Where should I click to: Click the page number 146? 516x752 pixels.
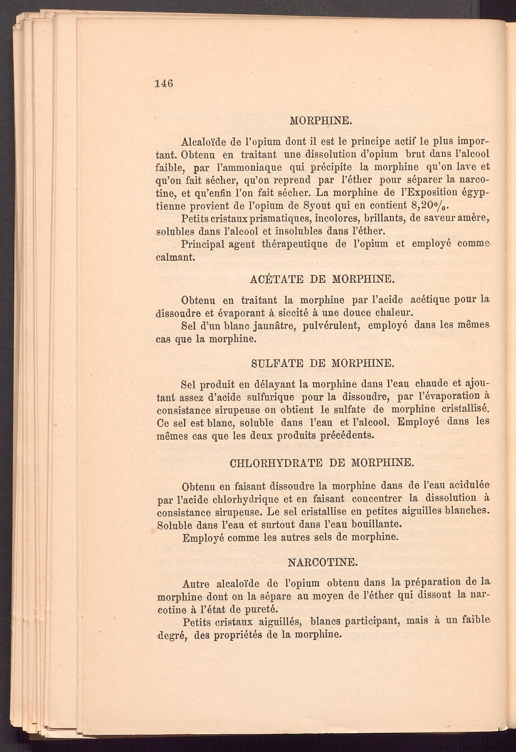(x=164, y=84)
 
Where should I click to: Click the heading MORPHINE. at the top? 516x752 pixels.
(x=320, y=121)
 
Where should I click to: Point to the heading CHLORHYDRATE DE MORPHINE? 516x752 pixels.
(x=322, y=463)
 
